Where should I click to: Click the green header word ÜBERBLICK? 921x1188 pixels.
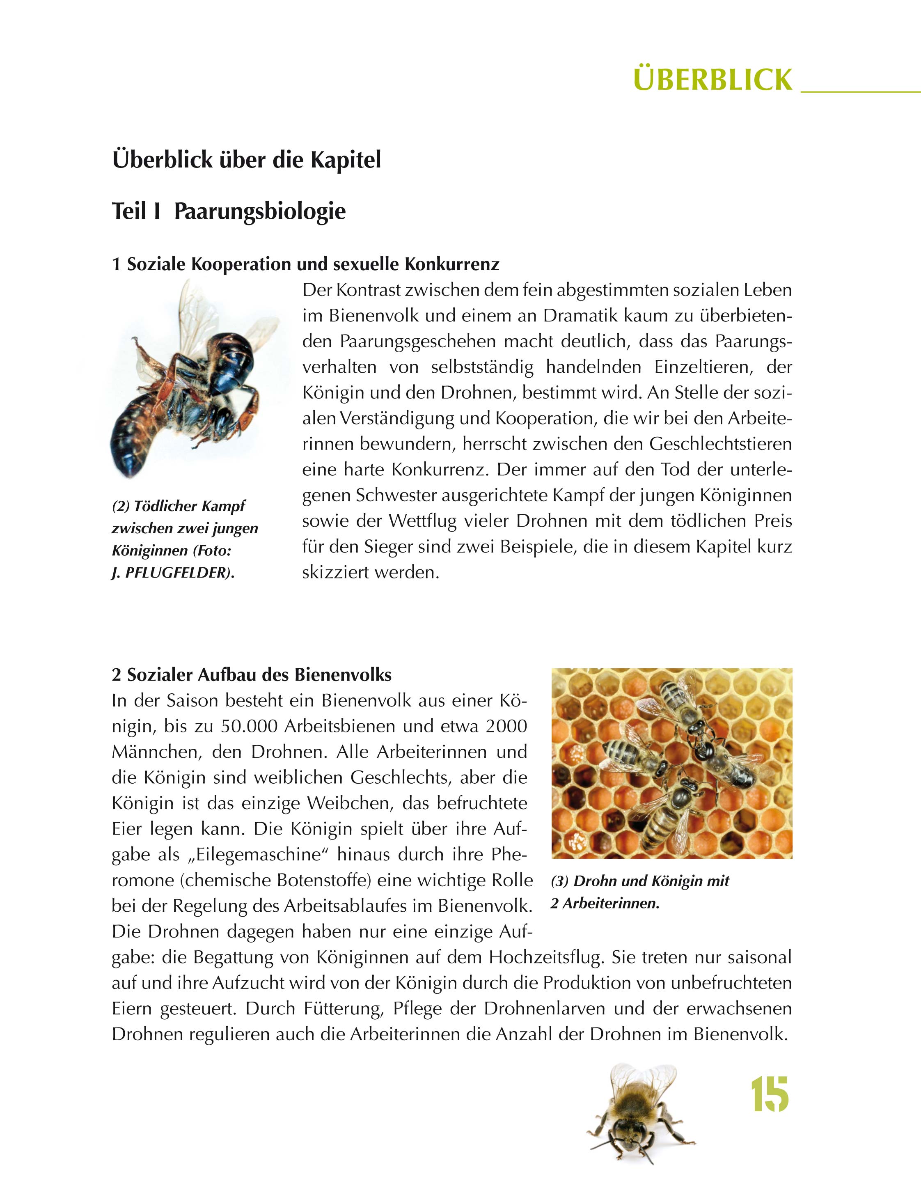(x=713, y=80)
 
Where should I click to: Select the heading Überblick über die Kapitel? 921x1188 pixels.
(x=246, y=160)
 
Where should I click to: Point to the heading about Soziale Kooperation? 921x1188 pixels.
(x=305, y=264)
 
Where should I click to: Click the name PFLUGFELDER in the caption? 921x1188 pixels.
(x=177, y=573)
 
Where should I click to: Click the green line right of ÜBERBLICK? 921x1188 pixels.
(x=860, y=92)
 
